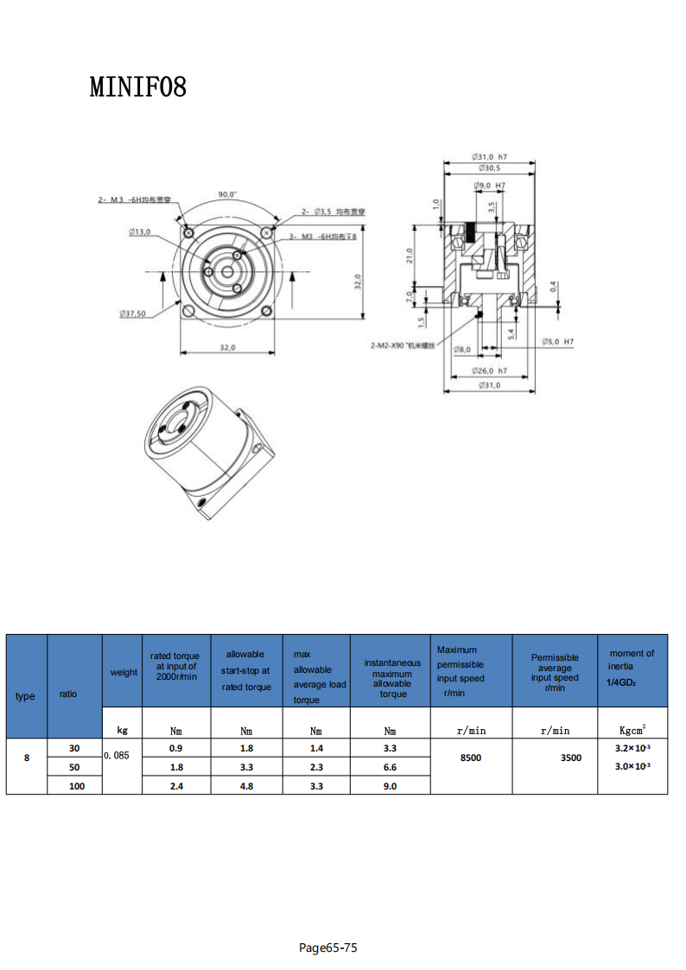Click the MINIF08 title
coord(137,87)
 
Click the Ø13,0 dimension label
coord(139,231)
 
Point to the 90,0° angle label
coord(227,195)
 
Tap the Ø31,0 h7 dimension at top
coord(489,156)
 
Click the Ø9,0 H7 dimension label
coord(489,186)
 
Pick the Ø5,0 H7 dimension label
coord(557,342)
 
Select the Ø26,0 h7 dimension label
coord(489,371)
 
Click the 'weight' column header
coord(124,672)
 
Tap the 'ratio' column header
coord(68,694)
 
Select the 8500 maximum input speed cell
coord(471,758)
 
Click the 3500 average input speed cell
coord(571,758)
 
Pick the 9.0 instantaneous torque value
coord(390,786)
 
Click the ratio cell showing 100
coord(77,786)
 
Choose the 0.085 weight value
coord(116,755)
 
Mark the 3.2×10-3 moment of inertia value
coord(632,748)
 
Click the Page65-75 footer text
coord(327,948)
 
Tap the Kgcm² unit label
coord(632,730)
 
